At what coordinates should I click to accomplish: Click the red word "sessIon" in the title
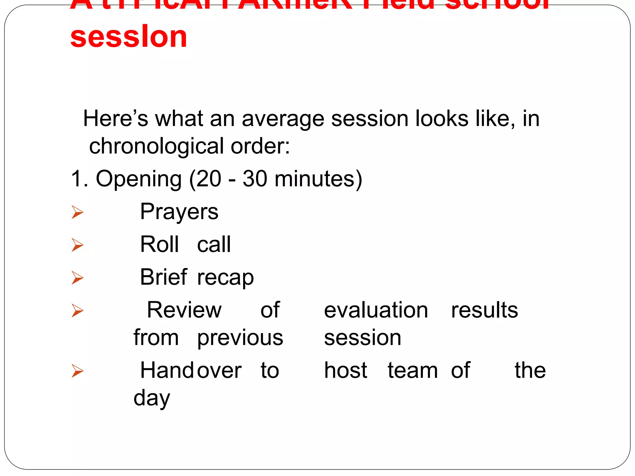(x=129, y=37)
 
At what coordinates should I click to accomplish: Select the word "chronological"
(x=156, y=146)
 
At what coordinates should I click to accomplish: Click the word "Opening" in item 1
(x=139, y=179)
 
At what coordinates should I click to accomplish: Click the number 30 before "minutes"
(x=255, y=179)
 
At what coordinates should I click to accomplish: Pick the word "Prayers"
(x=179, y=212)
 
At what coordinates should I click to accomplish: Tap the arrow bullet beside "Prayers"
(x=77, y=212)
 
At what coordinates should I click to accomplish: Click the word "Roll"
(x=159, y=245)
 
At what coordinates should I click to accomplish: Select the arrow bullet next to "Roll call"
(x=77, y=245)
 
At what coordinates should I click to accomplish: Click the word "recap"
(x=225, y=277)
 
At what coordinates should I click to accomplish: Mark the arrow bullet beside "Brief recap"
(x=77, y=278)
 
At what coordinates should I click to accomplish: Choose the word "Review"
(x=184, y=310)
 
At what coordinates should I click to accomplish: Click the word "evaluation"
(x=376, y=310)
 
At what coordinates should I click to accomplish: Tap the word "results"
(x=484, y=310)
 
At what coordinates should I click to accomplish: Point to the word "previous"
(x=240, y=338)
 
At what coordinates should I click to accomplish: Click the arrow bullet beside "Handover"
(x=77, y=371)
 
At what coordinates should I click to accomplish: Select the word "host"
(x=345, y=370)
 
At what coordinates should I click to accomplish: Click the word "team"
(x=413, y=371)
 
